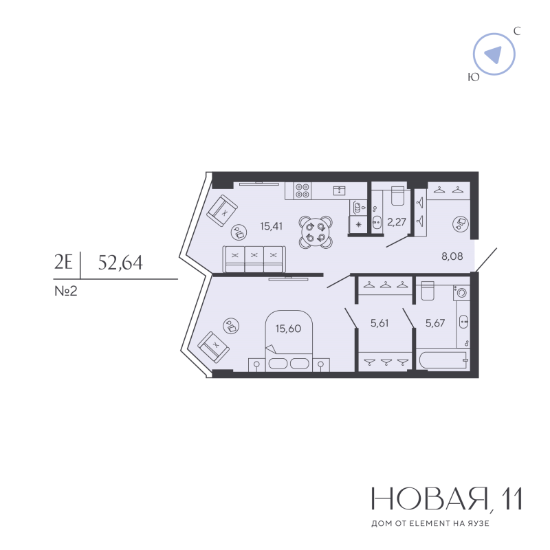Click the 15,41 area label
pyautogui.click(x=271, y=226)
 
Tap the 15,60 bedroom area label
pyautogui.click(x=288, y=329)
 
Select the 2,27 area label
pyautogui.click(x=397, y=221)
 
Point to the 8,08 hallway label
pyautogui.click(x=452, y=256)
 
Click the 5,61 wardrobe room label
pyautogui.click(x=379, y=322)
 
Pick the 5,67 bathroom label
pyautogui.click(x=435, y=322)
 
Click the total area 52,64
pyautogui.click(x=120, y=263)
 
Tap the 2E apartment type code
pyautogui.click(x=63, y=263)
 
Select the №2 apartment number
pyautogui.click(x=66, y=291)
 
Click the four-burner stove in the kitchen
pyautogui.click(x=302, y=191)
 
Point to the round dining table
pyautogui.click(x=316, y=232)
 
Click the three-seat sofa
pyautogui.click(x=254, y=259)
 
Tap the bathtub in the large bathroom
pyautogui.click(x=443, y=360)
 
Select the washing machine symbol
pyautogui.click(x=461, y=292)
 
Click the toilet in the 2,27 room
pyautogui.click(x=398, y=196)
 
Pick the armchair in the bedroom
pyautogui.click(x=214, y=347)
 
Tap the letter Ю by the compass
pyautogui.click(x=474, y=77)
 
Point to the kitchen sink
pyautogui.click(x=339, y=190)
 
